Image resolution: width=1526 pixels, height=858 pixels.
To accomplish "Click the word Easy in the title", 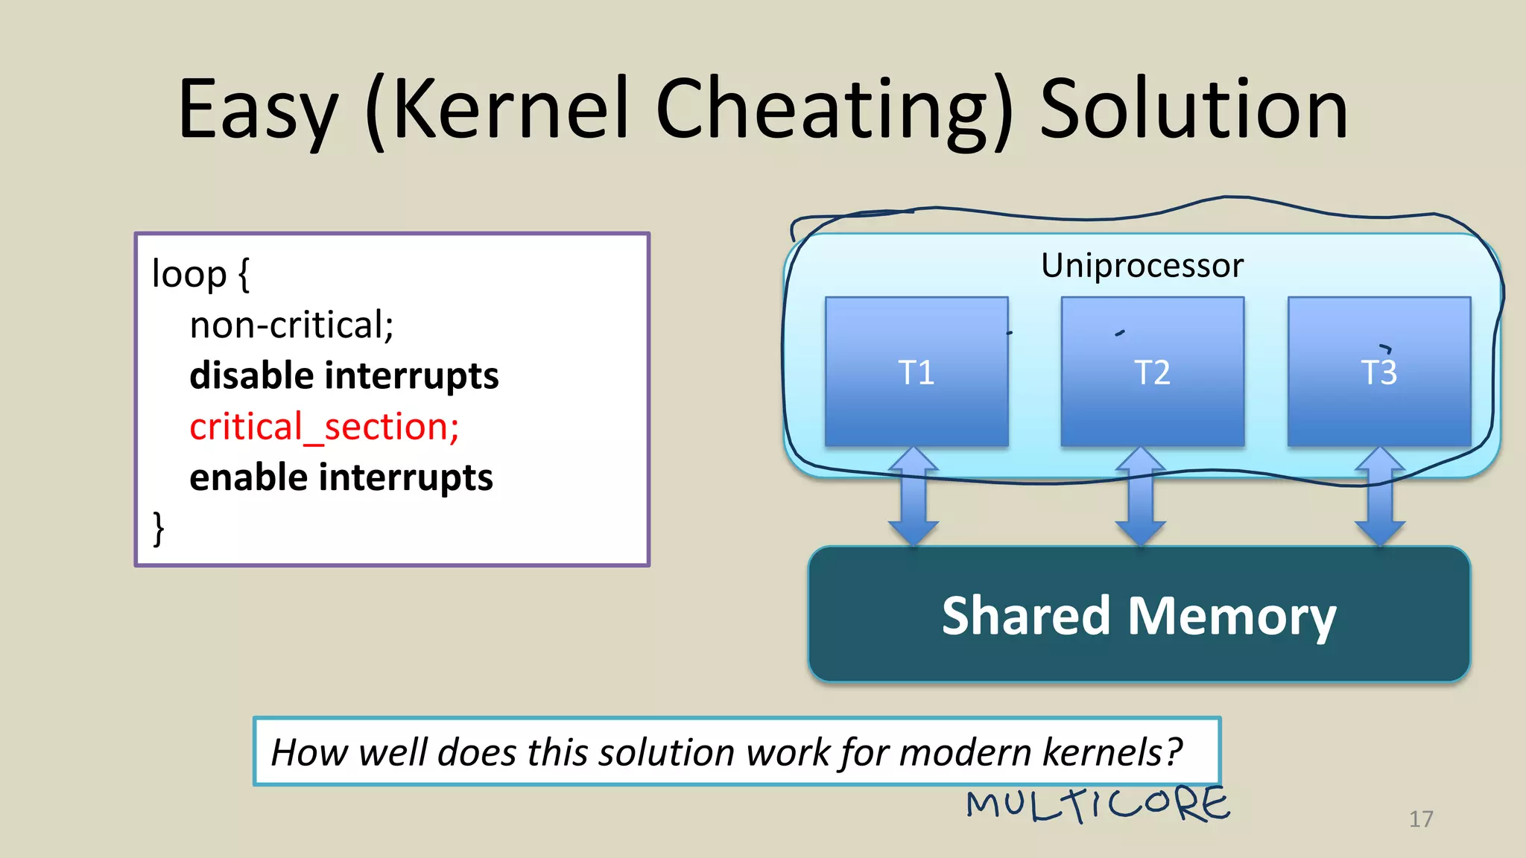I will pos(258,109).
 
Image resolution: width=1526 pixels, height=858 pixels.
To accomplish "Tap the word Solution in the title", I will pos(1194,109).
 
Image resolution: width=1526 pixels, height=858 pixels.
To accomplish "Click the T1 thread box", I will pos(916,372).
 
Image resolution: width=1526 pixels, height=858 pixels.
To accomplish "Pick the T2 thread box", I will pos(1152,372).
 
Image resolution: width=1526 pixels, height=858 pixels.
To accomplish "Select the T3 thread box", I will pos(1379,372).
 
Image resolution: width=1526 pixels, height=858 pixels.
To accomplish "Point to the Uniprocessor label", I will pos(1142,265).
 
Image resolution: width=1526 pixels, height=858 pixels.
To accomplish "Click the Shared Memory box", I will pos(1139,614).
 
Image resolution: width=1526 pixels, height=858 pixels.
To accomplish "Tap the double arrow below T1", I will pos(914,497).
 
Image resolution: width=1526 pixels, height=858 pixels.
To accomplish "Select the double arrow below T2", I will pos(1140,497).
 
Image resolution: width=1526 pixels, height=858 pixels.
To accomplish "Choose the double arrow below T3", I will pos(1380,497).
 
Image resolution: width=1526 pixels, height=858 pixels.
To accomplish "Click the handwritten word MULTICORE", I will pos(1098,805).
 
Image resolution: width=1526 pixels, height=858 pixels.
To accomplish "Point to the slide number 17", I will pos(1421,819).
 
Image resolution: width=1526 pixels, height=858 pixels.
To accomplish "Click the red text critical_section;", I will pos(324,428).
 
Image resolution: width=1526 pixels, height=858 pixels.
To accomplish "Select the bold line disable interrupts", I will pos(343,375).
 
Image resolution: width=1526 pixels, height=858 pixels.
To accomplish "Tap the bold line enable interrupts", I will pos(341,477).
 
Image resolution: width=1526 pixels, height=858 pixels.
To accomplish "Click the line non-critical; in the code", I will pos(291,325).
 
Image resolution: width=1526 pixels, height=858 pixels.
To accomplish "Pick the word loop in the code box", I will pos(189,274).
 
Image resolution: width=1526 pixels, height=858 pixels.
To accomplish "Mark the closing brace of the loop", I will pos(158,529).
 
